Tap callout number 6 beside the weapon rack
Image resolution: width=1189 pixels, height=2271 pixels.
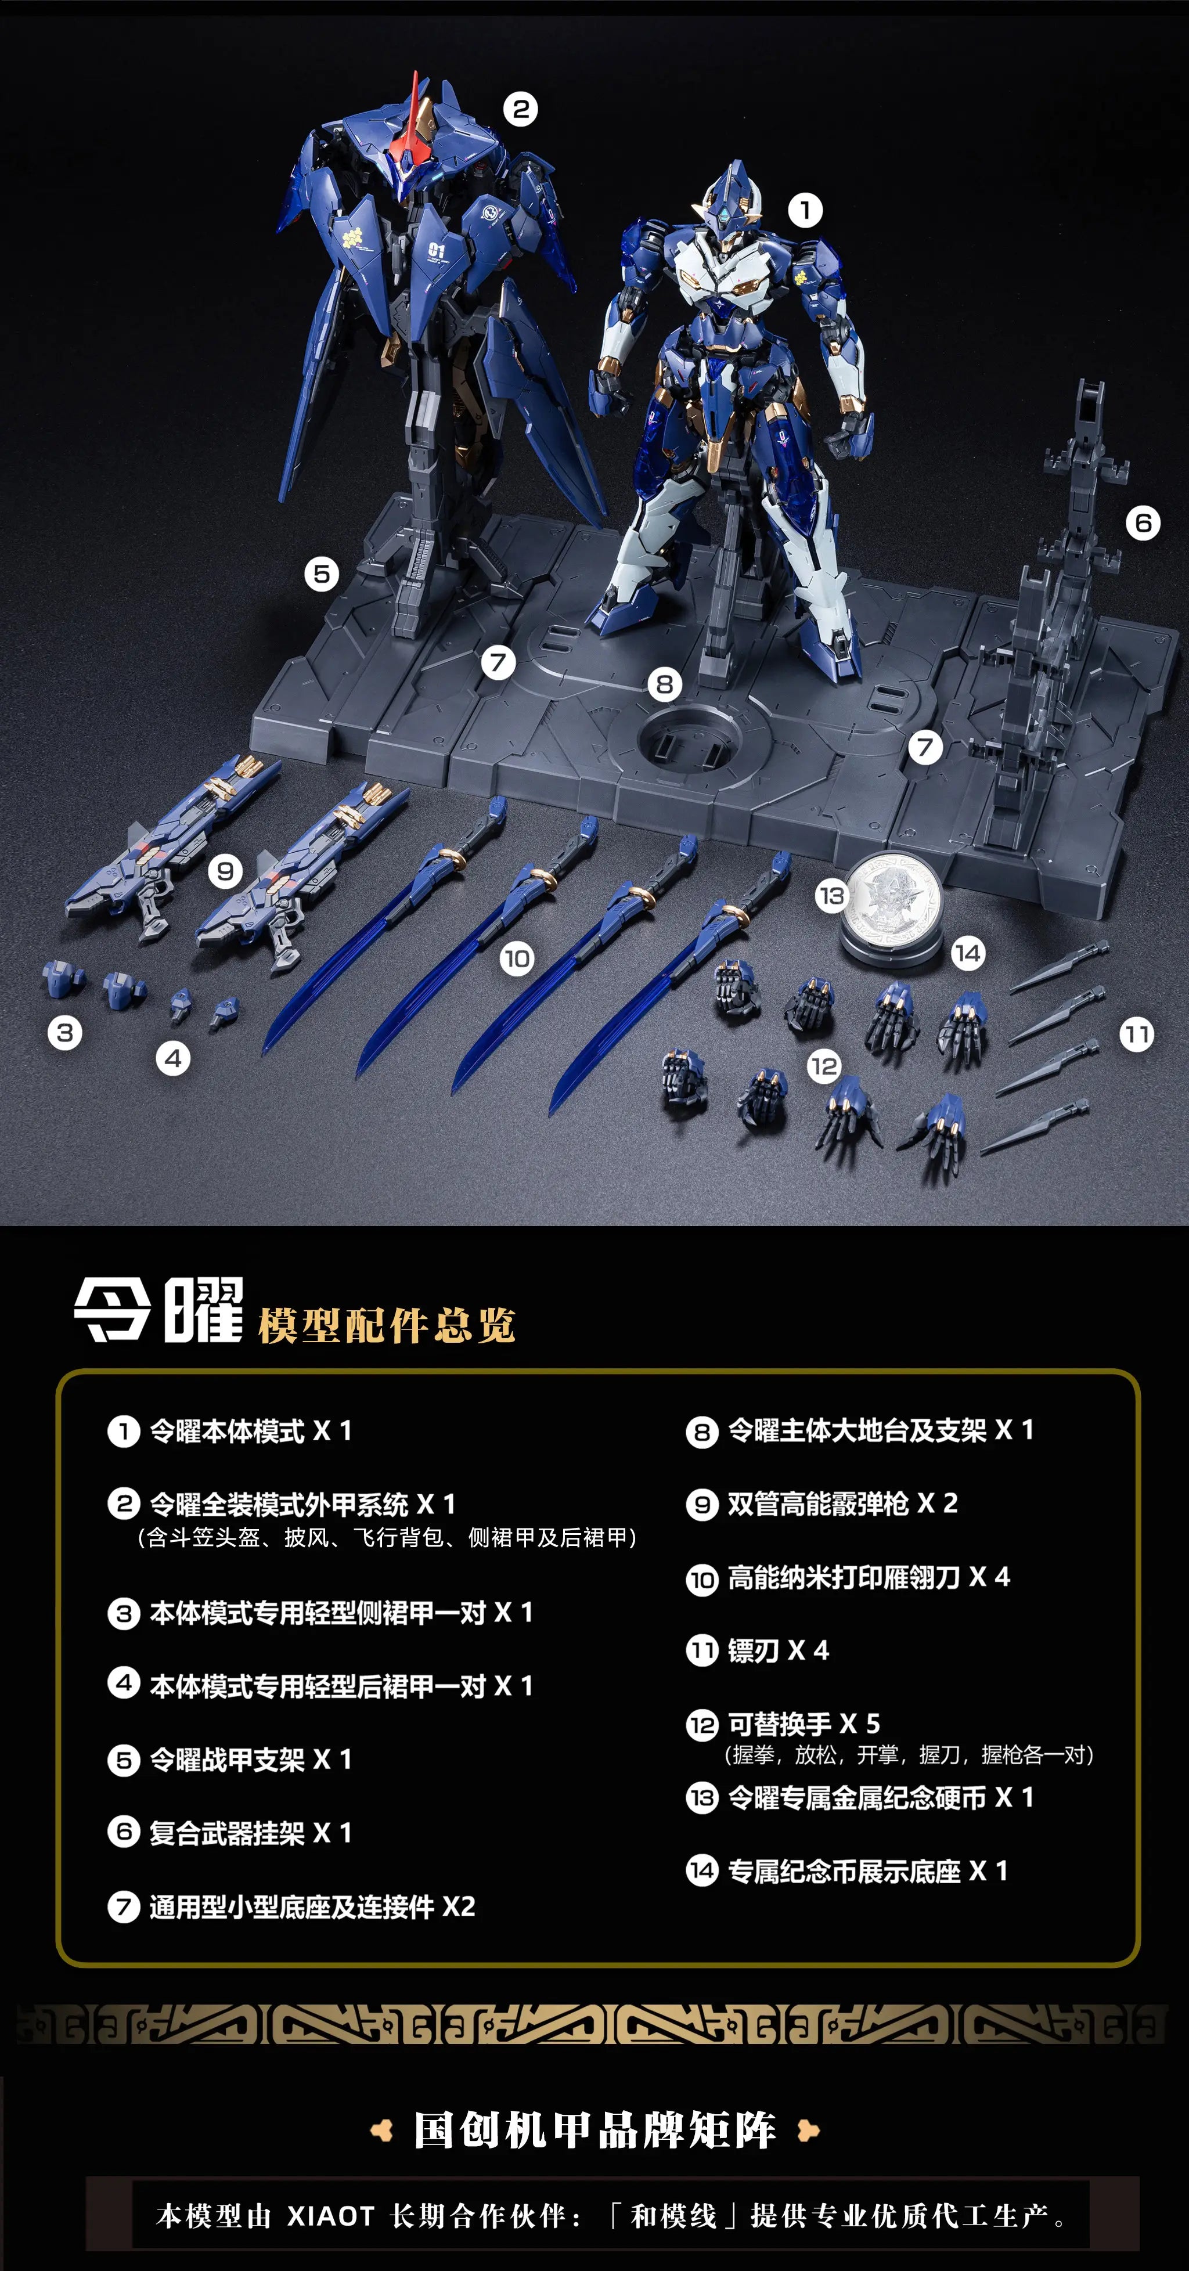coord(1143,523)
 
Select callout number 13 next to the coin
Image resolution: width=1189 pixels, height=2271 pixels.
coord(831,896)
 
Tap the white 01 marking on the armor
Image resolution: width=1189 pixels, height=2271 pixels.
coord(436,250)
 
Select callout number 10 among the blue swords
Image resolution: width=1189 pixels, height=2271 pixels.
coord(517,958)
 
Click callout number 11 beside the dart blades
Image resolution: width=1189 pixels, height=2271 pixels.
coord(1136,1034)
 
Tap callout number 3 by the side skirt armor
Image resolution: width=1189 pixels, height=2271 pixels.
coord(65,1032)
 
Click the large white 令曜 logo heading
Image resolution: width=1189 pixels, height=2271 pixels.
coord(158,1311)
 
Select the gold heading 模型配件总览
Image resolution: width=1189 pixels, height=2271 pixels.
coord(386,1325)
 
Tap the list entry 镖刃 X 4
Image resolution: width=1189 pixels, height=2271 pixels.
coord(777,1650)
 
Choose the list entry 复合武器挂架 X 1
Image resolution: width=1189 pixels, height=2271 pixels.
coord(250,1833)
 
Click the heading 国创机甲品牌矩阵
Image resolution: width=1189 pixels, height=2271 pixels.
coord(595,2131)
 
